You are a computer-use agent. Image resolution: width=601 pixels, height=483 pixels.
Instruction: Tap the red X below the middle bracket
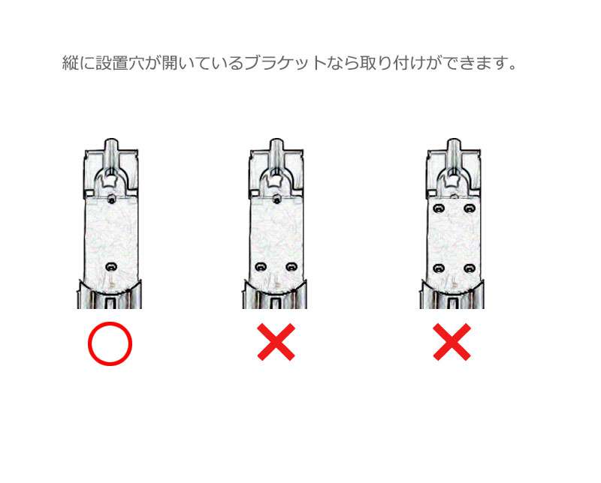pos(276,342)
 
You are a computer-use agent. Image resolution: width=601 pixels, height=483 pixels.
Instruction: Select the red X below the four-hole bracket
pos(452,342)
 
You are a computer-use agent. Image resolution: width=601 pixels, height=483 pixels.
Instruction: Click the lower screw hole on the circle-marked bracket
pos(111,266)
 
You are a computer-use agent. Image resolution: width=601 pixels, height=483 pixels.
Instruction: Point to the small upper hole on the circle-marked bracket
pos(111,199)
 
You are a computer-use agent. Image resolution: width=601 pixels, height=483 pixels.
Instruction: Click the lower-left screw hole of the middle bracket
pos(261,267)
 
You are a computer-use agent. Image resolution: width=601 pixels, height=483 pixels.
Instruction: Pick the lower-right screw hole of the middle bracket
pos(291,267)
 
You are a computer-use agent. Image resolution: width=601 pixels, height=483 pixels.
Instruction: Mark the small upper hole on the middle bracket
pos(276,199)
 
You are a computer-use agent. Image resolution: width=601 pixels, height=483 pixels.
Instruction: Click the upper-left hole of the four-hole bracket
pos(439,208)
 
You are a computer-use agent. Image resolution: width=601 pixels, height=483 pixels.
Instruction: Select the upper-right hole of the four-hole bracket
pos(469,208)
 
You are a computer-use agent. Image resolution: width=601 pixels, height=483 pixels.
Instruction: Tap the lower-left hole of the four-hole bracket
pos(439,268)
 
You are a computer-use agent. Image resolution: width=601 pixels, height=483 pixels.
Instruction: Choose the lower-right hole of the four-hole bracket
pos(469,268)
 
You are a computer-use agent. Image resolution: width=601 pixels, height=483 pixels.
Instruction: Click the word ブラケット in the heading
pos(285,63)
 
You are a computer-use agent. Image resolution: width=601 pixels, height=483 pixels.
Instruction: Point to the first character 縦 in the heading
pos(70,63)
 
